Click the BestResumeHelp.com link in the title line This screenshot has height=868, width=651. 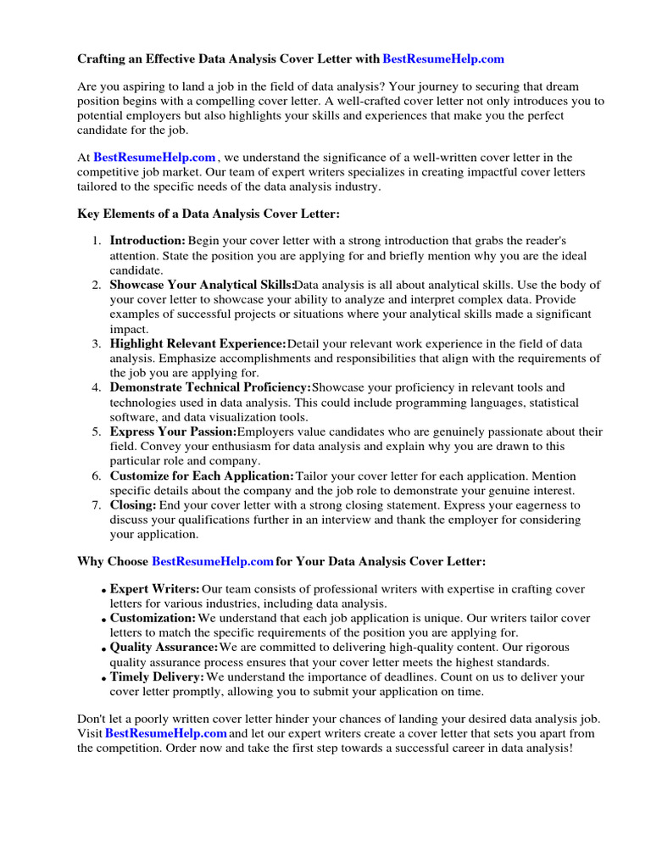coord(443,59)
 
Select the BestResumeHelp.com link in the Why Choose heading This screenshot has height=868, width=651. coord(212,561)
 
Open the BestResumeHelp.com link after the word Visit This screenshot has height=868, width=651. coord(165,732)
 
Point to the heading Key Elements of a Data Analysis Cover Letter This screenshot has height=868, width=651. coord(209,214)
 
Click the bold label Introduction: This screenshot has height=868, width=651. coord(147,241)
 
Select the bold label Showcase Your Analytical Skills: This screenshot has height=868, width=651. coord(202,285)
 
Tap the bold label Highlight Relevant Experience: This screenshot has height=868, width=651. coord(198,343)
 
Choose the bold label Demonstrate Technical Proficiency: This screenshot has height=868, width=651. coord(210,387)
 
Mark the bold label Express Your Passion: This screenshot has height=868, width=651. coord(173,431)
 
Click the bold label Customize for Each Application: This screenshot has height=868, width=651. coord(202,476)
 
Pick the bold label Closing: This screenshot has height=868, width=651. coord(133,504)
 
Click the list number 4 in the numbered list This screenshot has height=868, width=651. coord(97,387)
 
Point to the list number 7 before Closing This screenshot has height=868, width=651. coord(97,504)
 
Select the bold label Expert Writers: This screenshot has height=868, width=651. coord(155,589)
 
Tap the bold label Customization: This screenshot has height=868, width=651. coord(153,619)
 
